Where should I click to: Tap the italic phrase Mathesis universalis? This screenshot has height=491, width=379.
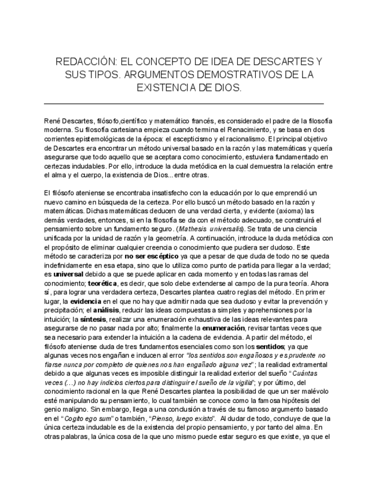pyautogui.click(x=212, y=229)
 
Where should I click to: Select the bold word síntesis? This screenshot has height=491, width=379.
pyautogui.click(x=93, y=318)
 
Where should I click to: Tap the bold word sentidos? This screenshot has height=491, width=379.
pyautogui.click(x=288, y=346)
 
